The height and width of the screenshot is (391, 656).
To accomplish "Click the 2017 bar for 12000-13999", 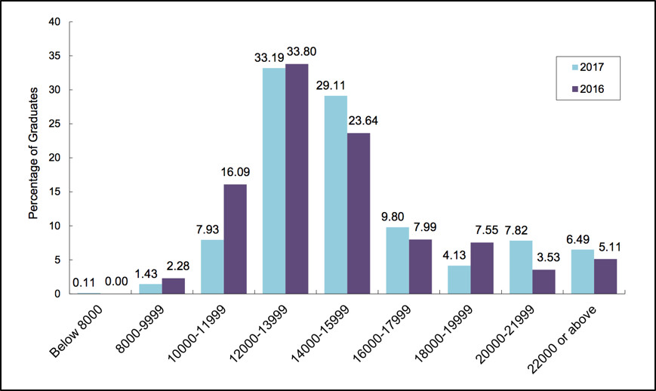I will click(273, 180).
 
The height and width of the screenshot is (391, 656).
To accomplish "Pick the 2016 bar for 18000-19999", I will click(484, 267).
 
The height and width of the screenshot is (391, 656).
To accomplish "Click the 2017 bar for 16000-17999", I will click(397, 260).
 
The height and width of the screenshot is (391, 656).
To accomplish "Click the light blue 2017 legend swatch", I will click(562, 66).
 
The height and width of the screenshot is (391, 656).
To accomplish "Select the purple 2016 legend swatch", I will click(562, 88).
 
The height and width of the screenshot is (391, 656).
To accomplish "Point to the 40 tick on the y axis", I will click(54, 22).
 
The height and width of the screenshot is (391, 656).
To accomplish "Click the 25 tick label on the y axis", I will click(54, 124).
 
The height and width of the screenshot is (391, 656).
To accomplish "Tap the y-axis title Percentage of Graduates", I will click(33, 157).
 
